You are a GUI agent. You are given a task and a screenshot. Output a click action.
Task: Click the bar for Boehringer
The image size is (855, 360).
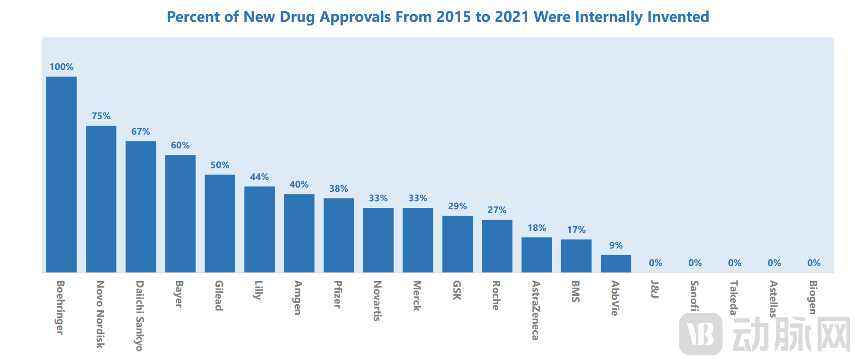(61, 174)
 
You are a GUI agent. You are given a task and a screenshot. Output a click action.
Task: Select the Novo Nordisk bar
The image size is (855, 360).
(101, 199)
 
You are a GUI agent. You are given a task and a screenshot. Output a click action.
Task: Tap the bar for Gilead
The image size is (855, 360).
(220, 223)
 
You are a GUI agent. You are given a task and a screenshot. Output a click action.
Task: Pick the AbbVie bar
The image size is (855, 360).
(616, 264)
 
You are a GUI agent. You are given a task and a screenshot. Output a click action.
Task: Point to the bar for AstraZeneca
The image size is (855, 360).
(537, 255)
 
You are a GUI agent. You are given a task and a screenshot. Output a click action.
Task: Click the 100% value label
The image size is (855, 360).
(61, 67)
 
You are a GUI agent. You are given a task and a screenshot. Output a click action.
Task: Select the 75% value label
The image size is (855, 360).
(101, 116)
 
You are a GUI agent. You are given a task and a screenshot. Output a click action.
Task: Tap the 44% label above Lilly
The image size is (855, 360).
(259, 177)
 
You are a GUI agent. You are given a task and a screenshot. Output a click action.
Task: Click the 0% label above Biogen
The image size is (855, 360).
(813, 263)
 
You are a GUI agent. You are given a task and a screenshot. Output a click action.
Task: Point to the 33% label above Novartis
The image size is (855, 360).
(378, 198)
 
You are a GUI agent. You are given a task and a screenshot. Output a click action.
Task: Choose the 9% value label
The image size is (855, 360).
(616, 246)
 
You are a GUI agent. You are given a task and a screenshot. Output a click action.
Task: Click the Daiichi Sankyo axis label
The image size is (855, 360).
(139, 316)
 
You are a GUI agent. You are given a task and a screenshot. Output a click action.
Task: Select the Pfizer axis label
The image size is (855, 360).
(338, 294)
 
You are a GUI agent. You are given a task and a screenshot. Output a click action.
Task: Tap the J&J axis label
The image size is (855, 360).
(655, 289)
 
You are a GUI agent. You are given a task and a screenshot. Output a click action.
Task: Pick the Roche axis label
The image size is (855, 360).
(496, 295)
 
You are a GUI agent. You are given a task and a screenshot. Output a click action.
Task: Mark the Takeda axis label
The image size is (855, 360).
(734, 298)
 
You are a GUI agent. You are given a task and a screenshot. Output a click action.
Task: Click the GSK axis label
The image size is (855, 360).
(457, 290)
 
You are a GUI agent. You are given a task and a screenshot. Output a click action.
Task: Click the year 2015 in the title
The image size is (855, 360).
(453, 17)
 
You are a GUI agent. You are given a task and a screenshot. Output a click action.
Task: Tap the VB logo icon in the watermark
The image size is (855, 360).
(701, 334)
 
